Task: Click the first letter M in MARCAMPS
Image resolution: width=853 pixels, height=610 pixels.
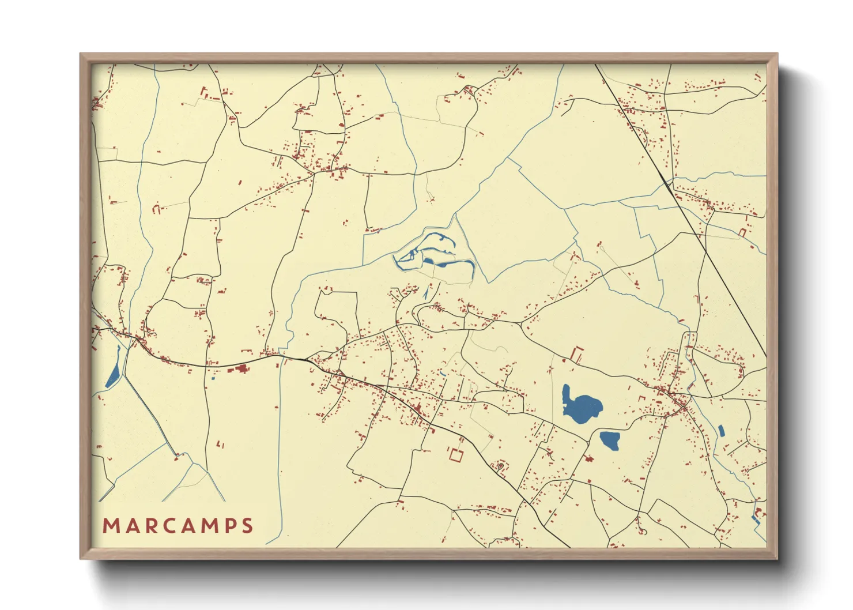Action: click(111, 526)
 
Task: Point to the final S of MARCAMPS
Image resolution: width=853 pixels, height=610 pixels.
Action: click(248, 526)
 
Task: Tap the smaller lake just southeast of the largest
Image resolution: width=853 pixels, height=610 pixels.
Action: click(610, 440)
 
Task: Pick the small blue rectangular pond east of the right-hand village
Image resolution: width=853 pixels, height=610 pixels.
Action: click(720, 430)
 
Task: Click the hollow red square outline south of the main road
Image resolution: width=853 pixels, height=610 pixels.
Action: click(456, 455)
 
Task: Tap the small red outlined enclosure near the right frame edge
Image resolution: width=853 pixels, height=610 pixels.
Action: click(742, 232)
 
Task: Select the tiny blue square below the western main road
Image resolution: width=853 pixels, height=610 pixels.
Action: click(213, 378)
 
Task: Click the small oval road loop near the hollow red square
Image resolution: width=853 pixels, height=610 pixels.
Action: click(501, 465)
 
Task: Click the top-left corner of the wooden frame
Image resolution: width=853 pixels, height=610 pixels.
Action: click(81, 54)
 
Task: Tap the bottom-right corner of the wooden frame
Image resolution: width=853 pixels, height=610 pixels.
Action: click(777, 558)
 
